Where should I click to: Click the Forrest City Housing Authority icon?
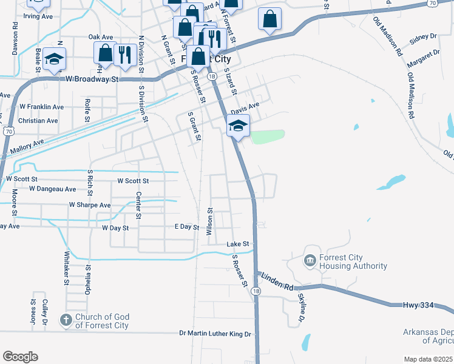point(310,260)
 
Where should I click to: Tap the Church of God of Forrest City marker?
point(66,319)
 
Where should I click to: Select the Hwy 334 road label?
point(418,305)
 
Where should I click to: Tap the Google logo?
point(20,357)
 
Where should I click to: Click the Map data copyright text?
point(429,359)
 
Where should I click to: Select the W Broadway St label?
point(92,79)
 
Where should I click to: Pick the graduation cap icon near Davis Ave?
point(238,126)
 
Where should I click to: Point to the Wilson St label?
point(209,222)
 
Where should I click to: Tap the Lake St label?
point(238,244)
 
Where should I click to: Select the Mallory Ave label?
point(26,144)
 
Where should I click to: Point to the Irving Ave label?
point(39,16)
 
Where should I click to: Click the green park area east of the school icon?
point(267,136)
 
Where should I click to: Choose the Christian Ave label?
point(38,121)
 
